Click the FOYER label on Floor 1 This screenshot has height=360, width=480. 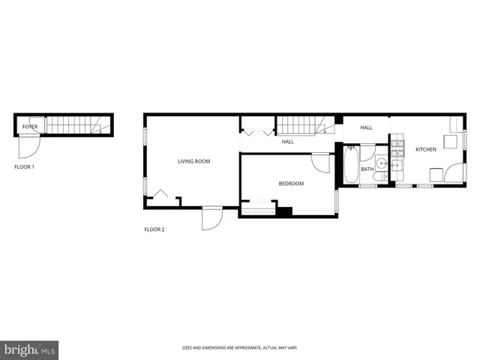tap(30, 127)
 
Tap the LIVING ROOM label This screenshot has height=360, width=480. tap(193, 161)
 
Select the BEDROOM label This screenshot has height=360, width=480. tap(291, 184)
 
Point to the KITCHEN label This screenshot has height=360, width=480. tap(426, 150)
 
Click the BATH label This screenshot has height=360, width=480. tap(367, 169)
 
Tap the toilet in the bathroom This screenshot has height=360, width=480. tap(379, 176)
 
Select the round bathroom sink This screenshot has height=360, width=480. tap(381, 161)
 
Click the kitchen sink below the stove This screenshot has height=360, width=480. tap(397, 165)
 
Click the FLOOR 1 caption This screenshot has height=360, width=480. tap(25, 166)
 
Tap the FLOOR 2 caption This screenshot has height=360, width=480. tap(154, 229)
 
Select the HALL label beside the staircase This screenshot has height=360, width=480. tap(288, 142)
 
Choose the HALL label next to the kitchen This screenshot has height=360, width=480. tap(366, 127)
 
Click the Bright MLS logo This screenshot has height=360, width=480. tap(30, 349)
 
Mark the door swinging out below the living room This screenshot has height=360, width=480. tap(212, 218)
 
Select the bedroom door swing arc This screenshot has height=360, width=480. tap(321, 163)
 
